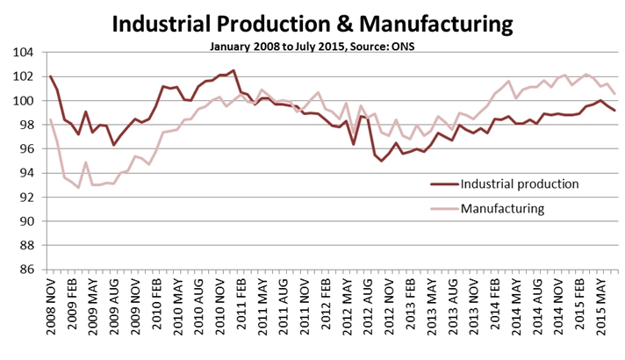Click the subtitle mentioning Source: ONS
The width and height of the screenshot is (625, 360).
coord(312,44)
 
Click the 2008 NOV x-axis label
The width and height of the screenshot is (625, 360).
coord(51,312)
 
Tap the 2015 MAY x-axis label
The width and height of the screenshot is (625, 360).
coord(603,312)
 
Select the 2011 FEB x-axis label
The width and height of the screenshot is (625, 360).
coord(241,312)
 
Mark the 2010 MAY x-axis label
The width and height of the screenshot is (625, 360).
coord(178,312)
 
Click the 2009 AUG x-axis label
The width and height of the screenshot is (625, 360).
coord(114,312)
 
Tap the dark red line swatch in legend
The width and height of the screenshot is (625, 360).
coord(448,184)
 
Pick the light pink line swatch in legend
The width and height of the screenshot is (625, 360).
coord(448,209)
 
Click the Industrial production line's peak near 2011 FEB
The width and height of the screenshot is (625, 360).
coord(233,70)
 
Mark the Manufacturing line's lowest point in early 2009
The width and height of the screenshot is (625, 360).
coord(79,187)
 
